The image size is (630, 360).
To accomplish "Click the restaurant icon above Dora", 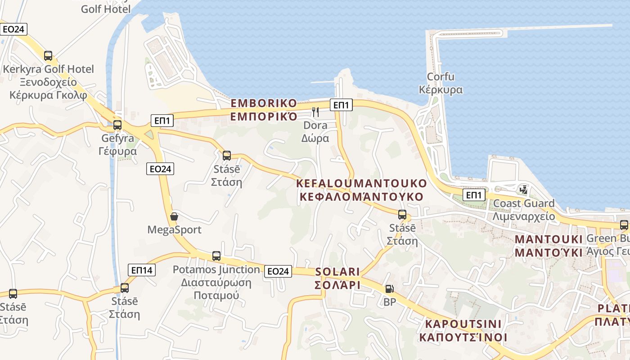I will [x=315, y=112].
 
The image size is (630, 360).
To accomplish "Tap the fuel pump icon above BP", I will [x=390, y=289].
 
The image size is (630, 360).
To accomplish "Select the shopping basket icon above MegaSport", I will [x=174, y=216].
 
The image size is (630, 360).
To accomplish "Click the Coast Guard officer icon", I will [x=523, y=190].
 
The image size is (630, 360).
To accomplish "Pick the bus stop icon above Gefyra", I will [x=117, y=125].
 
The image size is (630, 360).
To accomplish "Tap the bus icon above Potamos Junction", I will [x=216, y=256].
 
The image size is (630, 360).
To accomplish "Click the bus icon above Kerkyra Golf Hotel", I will [x=48, y=56].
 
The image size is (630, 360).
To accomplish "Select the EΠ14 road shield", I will [x=142, y=270].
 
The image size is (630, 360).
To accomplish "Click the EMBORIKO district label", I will [x=264, y=103].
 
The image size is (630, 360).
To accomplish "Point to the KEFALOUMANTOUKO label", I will [x=361, y=183].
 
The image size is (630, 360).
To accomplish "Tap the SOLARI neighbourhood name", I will [x=337, y=272].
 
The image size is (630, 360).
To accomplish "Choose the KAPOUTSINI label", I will [x=463, y=324].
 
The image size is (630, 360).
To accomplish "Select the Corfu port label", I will [x=441, y=76].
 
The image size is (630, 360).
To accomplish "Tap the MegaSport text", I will [x=175, y=230].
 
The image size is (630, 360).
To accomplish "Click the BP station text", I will [x=390, y=302].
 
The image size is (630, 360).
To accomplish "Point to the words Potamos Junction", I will [x=216, y=270].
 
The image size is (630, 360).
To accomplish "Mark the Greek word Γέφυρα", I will [x=117, y=151].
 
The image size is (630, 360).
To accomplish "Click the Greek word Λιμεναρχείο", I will [x=524, y=216].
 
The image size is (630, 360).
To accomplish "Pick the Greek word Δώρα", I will [x=315, y=138].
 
